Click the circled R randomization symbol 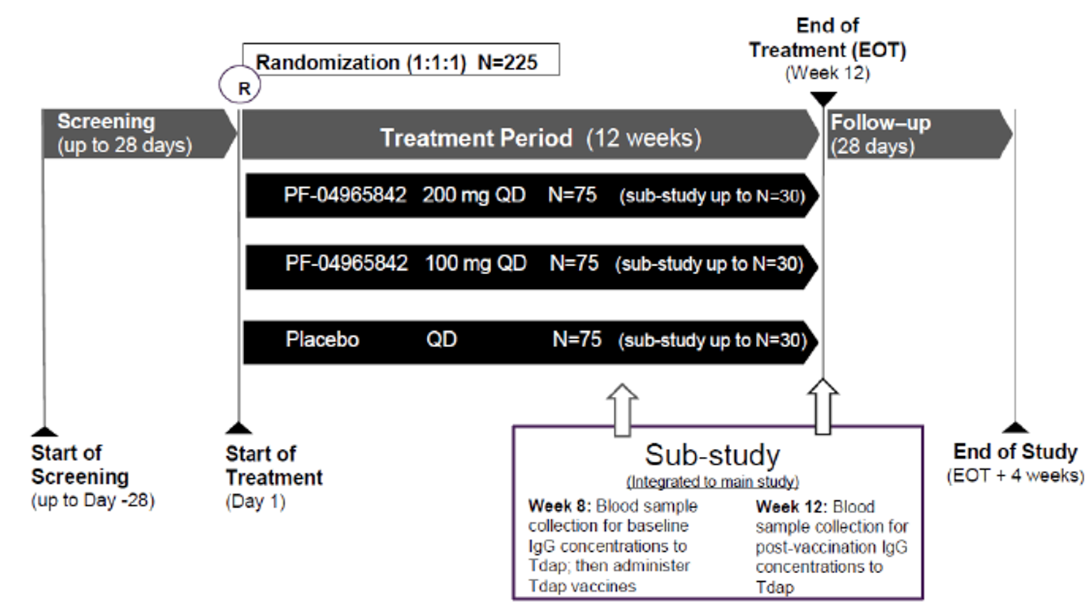(240, 86)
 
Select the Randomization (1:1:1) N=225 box (400, 61)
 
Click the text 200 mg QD (473, 196)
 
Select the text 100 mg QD (475, 264)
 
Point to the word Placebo (322, 340)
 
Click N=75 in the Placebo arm (577, 340)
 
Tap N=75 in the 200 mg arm (572, 196)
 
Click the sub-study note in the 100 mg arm (709, 265)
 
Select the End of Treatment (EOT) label (826, 39)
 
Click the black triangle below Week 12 (824, 99)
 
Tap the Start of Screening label (80, 465)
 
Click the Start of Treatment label (274, 465)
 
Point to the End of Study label (1015, 452)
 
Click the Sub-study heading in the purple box (712, 455)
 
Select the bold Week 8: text (559, 506)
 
